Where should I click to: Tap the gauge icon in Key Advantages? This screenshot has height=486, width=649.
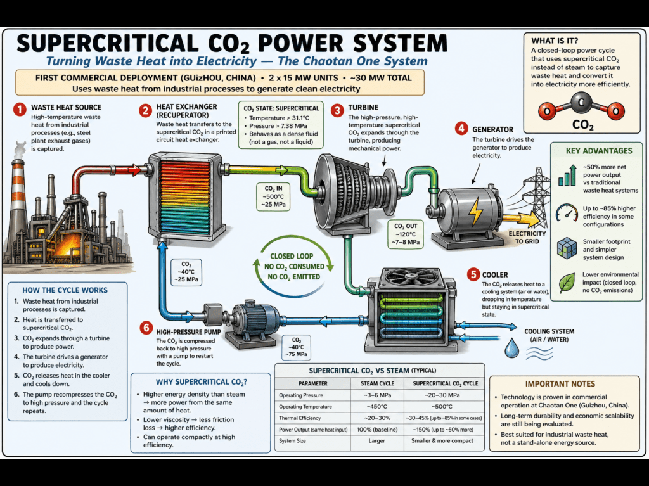click(x=566, y=214)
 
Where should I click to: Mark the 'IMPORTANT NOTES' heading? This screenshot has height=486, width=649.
click(x=560, y=383)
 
